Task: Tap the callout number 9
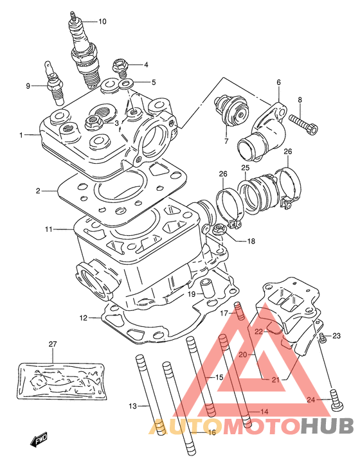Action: point(28,86)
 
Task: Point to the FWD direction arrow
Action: point(39,438)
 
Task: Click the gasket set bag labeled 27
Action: point(62,380)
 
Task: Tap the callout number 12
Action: point(84,318)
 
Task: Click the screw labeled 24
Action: point(337,400)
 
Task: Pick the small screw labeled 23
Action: point(321,337)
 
